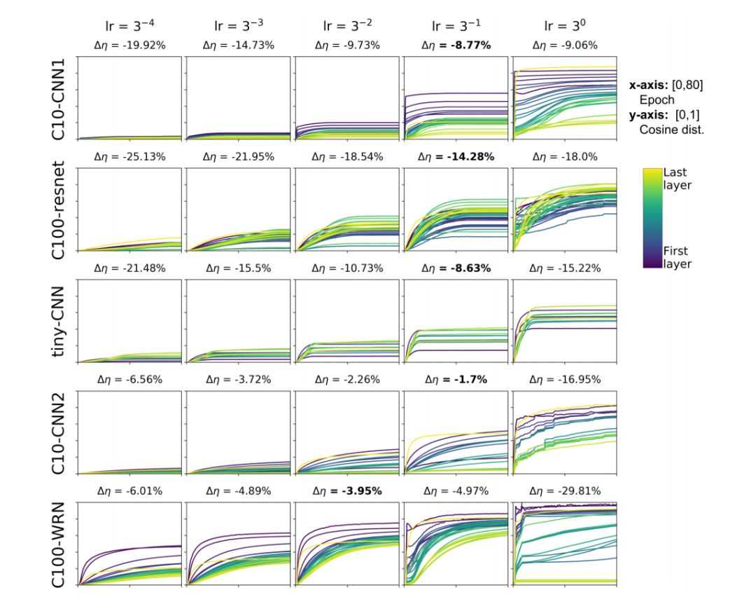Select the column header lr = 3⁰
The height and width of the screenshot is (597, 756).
(564, 26)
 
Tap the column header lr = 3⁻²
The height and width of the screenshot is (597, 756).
(346, 26)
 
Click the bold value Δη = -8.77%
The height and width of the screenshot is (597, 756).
(456, 46)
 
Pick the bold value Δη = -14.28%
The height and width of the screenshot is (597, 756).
(456, 157)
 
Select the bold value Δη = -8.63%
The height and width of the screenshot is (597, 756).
(456, 268)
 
